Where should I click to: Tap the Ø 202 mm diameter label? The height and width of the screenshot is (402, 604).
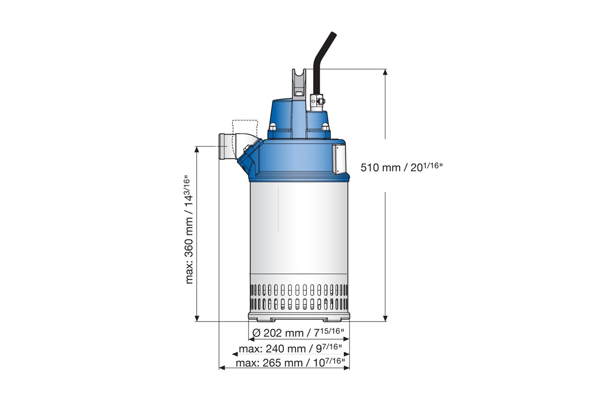pos(298,332)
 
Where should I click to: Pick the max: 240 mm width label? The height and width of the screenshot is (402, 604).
pos(290,348)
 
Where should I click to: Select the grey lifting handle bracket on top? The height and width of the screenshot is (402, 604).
pos(299,83)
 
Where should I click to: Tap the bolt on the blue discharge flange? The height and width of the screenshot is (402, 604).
pos(247,148)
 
